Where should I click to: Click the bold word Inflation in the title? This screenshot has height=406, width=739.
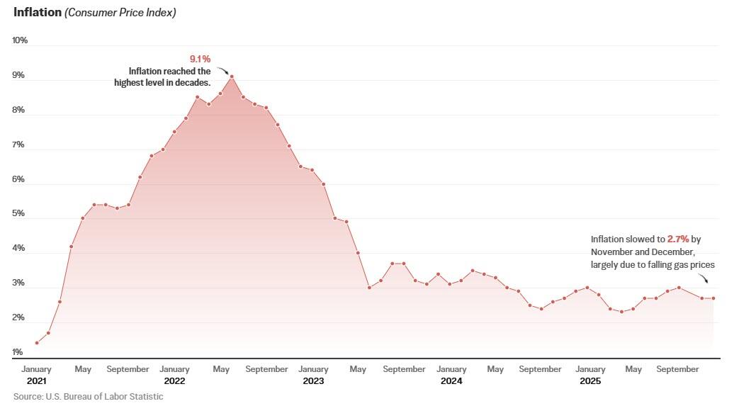point(37,12)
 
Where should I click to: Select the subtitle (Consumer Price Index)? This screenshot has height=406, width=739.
point(120,13)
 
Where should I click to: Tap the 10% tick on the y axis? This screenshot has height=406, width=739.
point(20,40)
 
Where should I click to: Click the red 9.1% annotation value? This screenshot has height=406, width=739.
point(200,59)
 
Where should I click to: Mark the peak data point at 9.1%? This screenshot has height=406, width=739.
point(232,77)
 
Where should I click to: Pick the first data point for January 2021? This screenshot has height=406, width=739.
point(36,343)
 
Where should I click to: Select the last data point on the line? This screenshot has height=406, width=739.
point(713,298)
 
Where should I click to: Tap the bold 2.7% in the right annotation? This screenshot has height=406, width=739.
point(677,239)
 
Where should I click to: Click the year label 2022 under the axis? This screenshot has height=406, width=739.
point(174,381)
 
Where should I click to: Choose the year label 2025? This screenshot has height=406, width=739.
point(590,381)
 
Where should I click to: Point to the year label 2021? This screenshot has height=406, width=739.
point(35,381)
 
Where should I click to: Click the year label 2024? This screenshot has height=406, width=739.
point(451,381)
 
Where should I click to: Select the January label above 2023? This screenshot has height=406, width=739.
point(313,369)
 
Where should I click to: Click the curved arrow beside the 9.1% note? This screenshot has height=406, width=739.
point(222,70)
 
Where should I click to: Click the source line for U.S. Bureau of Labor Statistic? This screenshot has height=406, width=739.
point(88,397)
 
